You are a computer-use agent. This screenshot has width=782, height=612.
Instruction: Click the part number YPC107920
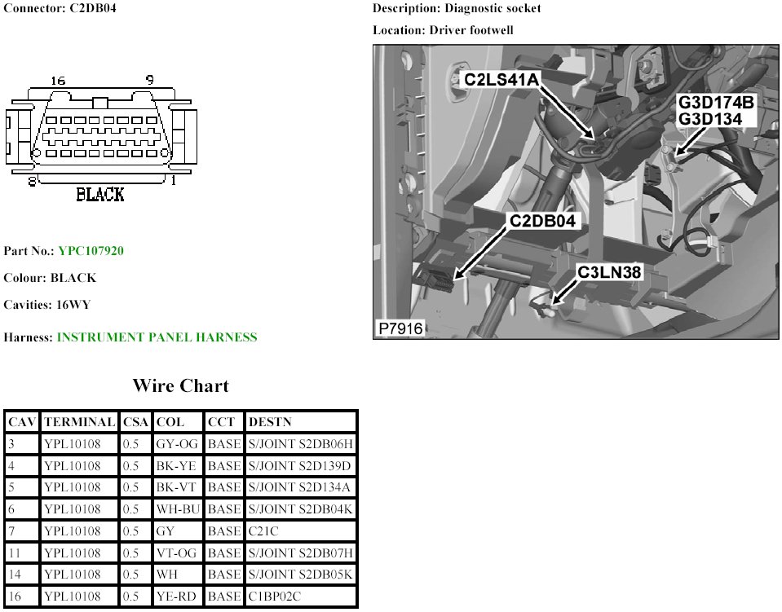(x=91, y=251)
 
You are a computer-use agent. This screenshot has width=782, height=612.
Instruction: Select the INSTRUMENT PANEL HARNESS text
(x=157, y=337)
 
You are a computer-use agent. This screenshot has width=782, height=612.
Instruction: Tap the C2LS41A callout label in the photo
(x=501, y=80)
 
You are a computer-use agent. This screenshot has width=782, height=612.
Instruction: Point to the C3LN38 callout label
(x=610, y=273)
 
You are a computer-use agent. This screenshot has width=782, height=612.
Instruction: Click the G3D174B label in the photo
(x=717, y=103)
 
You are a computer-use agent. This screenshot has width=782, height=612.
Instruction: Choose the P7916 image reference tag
(x=400, y=328)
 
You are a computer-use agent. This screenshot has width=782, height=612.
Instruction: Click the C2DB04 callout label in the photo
(x=543, y=221)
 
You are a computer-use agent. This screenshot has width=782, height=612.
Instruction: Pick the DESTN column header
(x=269, y=422)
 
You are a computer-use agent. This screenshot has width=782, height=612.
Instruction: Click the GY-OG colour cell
(x=176, y=444)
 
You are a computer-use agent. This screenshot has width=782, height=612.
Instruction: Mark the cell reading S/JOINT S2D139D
(x=300, y=466)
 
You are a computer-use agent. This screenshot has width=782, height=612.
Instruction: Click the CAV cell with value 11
(x=13, y=553)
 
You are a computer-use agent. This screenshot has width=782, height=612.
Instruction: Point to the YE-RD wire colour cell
(x=175, y=597)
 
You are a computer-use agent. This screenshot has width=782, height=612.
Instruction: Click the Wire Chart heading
(x=181, y=386)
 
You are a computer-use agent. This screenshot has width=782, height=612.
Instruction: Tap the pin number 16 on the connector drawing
(x=57, y=81)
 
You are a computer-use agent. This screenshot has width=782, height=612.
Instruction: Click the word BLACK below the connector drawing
(x=99, y=194)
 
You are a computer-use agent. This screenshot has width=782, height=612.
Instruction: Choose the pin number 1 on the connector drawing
(x=173, y=182)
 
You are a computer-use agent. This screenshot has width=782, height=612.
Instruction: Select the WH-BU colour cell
(x=177, y=509)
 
